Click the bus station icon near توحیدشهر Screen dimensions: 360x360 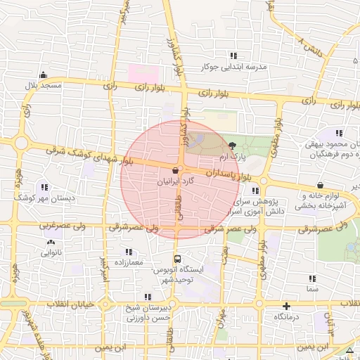click(178, 258)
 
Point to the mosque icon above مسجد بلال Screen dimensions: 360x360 click(44, 75)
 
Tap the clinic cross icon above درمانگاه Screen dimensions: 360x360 click(286, 306)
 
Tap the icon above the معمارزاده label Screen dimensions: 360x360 click(128, 251)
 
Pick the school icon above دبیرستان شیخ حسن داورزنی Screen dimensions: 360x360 click(148, 297)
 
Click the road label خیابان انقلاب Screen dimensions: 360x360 click(70, 304)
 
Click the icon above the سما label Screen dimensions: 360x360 click(311, 278)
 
